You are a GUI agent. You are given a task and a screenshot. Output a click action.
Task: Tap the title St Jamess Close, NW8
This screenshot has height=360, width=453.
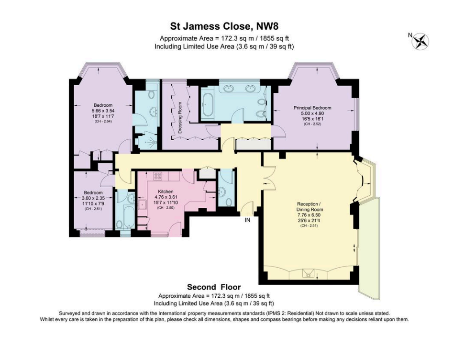(x=224, y=27)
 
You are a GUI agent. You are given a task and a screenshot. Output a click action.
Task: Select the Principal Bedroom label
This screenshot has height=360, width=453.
(x=312, y=108)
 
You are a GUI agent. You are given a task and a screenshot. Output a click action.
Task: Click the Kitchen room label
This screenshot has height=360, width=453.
(x=166, y=191)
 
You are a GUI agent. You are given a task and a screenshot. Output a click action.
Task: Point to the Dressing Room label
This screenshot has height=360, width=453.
(x=180, y=118)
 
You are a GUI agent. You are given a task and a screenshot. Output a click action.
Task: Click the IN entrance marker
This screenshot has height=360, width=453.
(x=247, y=220)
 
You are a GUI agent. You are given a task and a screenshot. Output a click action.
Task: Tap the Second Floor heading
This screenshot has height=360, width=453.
(x=214, y=287)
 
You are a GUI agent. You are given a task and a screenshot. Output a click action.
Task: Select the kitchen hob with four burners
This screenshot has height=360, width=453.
(x=158, y=176)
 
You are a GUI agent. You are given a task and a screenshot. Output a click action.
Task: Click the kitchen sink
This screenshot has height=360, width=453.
(x=143, y=204)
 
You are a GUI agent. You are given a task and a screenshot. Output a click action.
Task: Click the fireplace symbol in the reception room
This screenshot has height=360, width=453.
(x=308, y=273)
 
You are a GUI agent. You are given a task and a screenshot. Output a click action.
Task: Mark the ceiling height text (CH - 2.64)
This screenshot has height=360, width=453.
(x=103, y=122)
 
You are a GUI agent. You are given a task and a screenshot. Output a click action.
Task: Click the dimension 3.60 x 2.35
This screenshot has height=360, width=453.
(x=93, y=198)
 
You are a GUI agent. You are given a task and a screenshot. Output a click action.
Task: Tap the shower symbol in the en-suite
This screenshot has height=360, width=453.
(x=149, y=140)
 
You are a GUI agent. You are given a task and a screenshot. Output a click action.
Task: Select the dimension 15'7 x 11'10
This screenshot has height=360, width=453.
(x=166, y=202)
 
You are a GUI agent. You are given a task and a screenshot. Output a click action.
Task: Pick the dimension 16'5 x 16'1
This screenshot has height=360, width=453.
(x=312, y=119)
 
